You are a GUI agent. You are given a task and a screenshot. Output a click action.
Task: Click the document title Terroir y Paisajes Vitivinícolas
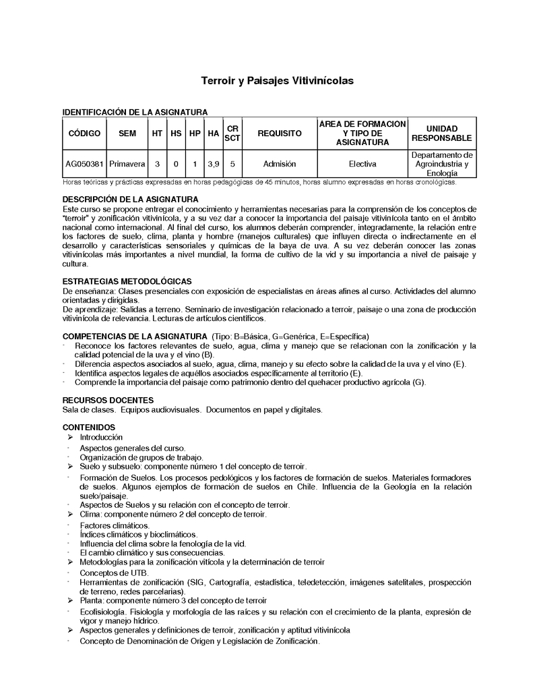tap(277, 81)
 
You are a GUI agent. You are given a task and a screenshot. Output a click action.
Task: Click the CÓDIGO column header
tap(84, 134)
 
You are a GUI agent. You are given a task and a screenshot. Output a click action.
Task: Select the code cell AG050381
tap(84, 164)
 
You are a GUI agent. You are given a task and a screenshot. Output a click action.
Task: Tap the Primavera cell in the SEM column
tap(127, 164)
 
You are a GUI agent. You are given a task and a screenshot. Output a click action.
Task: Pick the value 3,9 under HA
tap(213, 164)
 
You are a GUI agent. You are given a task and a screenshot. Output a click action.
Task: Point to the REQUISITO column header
tap(280, 134)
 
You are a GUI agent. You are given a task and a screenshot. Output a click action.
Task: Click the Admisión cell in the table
tap(280, 164)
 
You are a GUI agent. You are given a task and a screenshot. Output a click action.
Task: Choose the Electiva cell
tap(362, 164)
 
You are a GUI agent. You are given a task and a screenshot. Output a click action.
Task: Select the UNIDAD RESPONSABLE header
tap(442, 134)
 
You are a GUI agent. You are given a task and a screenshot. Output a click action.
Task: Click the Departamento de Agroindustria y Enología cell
tap(442, 164)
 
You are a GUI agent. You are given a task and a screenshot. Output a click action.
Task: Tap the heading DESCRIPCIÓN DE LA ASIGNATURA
tap(130, 200)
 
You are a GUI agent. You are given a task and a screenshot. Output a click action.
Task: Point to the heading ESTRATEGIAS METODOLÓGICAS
tap(127, 281)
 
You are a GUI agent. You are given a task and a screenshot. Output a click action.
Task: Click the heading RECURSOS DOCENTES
tap(108, 400)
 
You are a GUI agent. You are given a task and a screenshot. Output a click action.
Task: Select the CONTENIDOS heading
tap(89, 427)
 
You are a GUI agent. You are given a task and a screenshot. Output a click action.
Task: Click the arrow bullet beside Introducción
tap(71, 437)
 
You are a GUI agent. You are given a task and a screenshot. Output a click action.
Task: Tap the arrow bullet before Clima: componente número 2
tap(71, 514)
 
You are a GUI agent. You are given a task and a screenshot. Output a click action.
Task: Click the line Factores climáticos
tap(115, 525)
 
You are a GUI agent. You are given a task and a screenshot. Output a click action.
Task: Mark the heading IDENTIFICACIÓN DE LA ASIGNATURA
tap(135, 112)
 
